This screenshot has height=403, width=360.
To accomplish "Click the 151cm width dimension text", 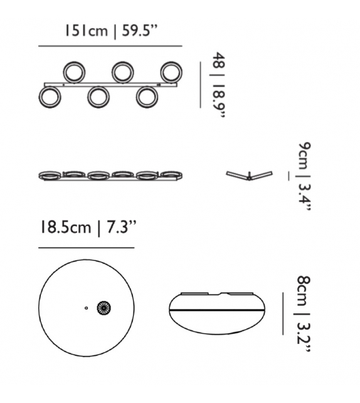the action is [86, 31].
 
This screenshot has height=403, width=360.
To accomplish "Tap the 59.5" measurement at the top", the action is [139, 31].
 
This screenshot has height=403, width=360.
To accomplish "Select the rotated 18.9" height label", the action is [219, 101].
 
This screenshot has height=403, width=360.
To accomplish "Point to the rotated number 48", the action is [219, 61].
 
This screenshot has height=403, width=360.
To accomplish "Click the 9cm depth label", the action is [305, 155].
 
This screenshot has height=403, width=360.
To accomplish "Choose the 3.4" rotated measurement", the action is [305, 193].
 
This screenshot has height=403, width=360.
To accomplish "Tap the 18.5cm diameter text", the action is [66, 227].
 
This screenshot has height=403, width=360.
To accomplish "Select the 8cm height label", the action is [304, 291].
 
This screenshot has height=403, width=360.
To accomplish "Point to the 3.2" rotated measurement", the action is [304, 335].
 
